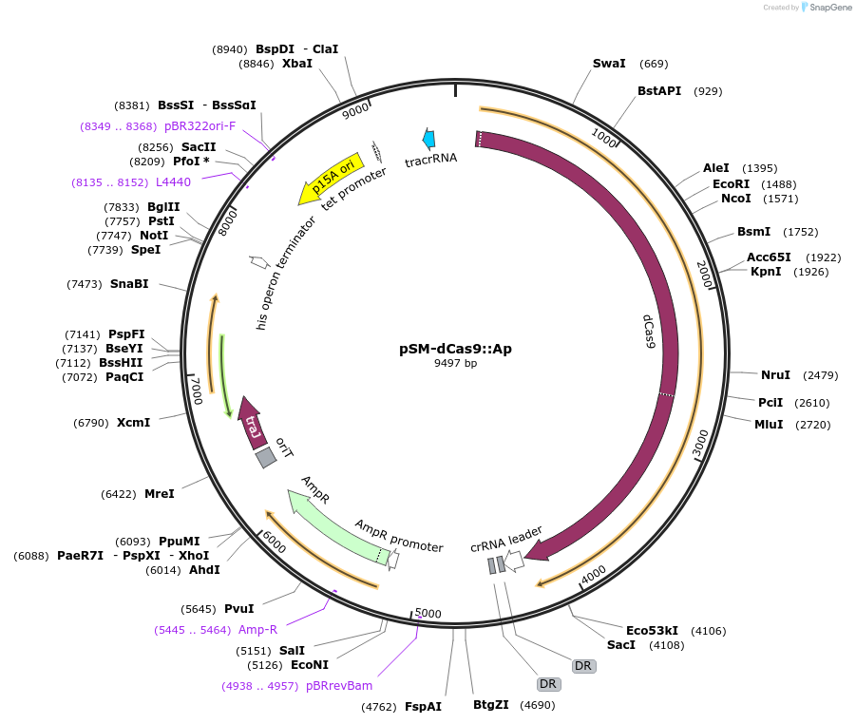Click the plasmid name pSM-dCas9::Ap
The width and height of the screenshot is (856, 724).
(455, 349)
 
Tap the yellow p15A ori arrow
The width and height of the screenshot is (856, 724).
(331, 177)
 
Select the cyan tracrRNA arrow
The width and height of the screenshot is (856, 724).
(429, 139)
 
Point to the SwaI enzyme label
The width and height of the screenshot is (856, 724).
(609, 64)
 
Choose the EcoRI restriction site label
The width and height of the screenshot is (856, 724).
(731, 183)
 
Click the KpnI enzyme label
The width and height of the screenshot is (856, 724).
(766, 272)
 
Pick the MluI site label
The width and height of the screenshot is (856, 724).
(769, 424)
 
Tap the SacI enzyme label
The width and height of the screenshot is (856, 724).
(621, 645)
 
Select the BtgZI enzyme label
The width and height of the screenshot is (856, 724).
(491, 704)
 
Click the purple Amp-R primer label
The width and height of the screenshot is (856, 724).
(257, 629)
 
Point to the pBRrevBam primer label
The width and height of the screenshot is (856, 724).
(339, 685)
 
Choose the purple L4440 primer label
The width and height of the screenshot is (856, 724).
(173, 181)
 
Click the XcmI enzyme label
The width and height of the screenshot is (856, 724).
(133, 422)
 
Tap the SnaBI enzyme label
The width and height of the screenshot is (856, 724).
(129, 284)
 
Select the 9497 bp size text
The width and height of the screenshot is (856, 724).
(455, 363)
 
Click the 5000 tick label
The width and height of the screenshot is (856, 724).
(428, 614)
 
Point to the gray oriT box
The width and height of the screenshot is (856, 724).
(266, 457)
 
